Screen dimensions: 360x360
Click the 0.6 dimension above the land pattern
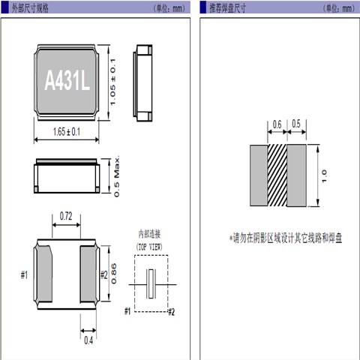tap(277, 124)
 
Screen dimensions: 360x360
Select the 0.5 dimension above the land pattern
tap(296, 124)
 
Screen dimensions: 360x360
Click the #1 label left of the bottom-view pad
tap(24, 275)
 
